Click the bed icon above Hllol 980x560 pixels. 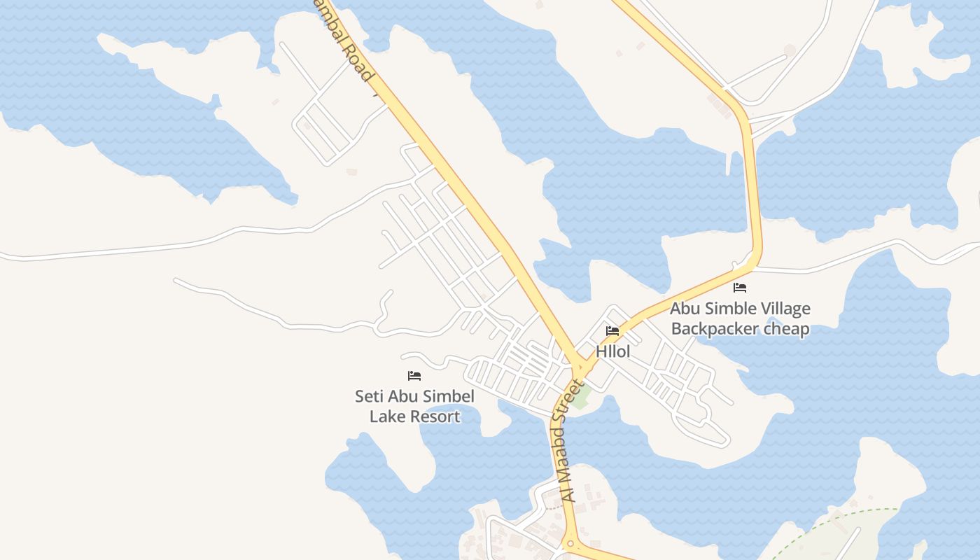click(612, 331)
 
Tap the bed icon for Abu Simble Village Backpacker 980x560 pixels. click(740, 288)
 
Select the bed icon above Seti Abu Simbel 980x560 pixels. click(414, 376)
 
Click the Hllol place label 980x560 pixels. click(612, 351)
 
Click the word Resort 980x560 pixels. click(435, 416)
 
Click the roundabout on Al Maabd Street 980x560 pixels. click(570, 543)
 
